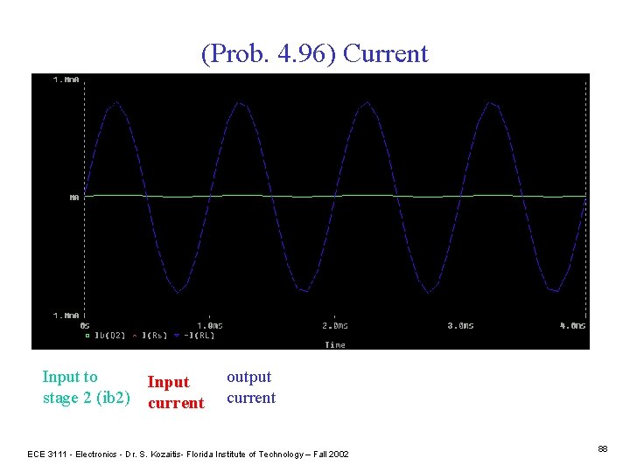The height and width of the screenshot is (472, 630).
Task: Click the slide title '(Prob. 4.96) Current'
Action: (x=315, y=54)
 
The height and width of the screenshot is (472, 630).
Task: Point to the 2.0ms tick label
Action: (x=336, y=325)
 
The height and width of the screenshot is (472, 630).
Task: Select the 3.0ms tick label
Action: (x=460, y=325)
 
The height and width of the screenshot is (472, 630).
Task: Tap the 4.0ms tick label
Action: (x=573, y=325)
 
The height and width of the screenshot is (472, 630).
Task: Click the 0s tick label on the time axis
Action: (x=85, y=325)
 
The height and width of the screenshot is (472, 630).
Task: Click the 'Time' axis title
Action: (x=335, y=344)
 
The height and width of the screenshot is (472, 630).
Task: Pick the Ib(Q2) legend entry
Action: (x=110, y=335)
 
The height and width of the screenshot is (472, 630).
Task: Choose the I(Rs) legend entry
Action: (x=153, y=335)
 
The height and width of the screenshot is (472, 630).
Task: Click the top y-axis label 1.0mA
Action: (x=66, y=80)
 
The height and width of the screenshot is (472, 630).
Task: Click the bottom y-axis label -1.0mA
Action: (x=66, y=315)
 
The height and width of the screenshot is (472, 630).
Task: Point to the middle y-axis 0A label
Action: (x=74, y=198)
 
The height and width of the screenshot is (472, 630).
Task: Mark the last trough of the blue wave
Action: (x=552, y=291)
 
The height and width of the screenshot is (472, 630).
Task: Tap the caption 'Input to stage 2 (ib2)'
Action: (x=86, y=387)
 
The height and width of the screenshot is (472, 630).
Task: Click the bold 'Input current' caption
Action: (x=176, y=392)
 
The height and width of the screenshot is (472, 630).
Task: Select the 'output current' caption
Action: (x=251, y=387)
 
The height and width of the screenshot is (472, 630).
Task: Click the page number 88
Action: (x=603, y=448)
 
